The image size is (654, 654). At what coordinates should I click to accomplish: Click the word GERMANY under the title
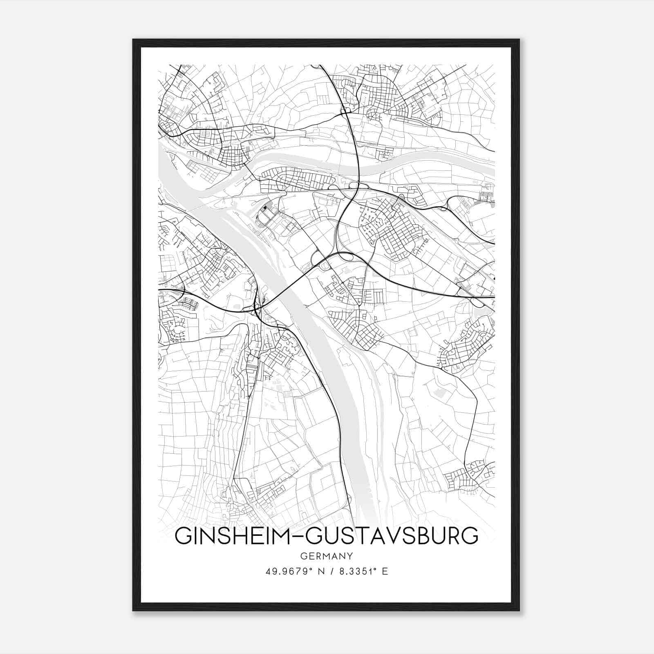tap(327, 556)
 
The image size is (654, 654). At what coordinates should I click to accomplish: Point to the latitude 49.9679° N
tap(294, 571)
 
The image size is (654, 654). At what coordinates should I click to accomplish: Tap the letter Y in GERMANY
tap(349, 556)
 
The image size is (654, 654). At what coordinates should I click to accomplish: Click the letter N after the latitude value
tap(320, 571)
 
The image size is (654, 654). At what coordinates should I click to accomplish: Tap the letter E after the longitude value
tap(385, 571)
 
